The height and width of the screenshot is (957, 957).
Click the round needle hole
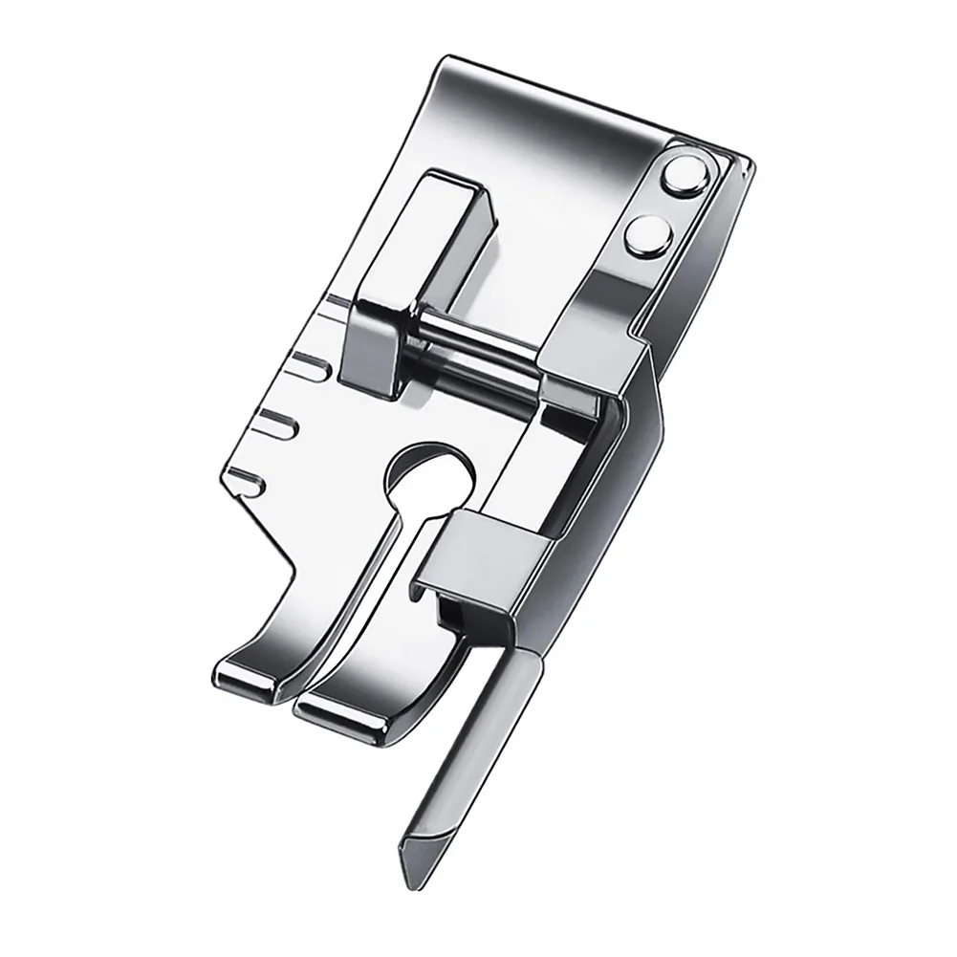430,469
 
